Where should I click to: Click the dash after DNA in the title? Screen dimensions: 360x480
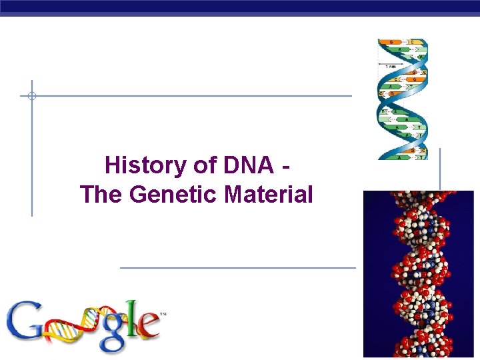[285, 165]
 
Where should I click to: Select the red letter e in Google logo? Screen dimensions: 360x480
[148, 327]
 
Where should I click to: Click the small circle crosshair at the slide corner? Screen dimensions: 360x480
[31, 96]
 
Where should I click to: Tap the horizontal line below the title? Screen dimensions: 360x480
[237, 268]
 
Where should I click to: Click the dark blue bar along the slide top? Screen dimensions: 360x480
[240, 7]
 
